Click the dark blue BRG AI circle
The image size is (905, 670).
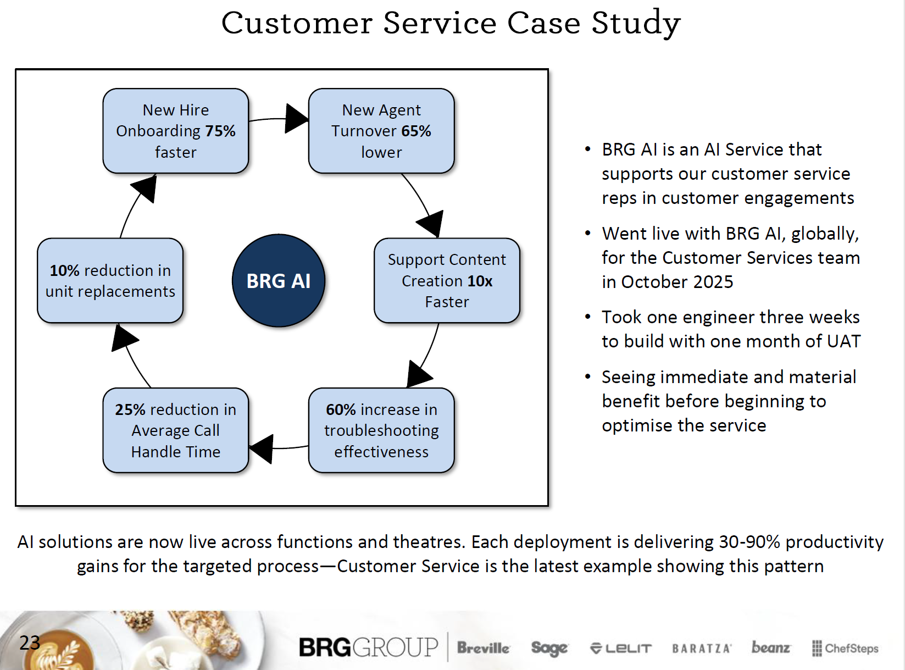[x=279, y=281]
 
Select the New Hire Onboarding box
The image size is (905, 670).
[x=176, y=131]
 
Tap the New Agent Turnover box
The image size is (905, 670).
[x=381, y=131]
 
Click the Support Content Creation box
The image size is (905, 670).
[x=447, y=280]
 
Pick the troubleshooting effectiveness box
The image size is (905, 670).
[x=381, y=430]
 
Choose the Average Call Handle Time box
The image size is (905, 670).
[x=176, y=430]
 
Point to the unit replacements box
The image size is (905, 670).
[x=110, y=280]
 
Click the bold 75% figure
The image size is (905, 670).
[x=220, y=131]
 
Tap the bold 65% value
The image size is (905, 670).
[x=416, y=131]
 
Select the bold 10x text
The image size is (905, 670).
[x=480, y=281]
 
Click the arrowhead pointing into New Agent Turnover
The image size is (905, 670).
[x=297, y=118]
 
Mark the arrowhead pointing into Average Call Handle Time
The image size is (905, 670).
[x=262, y=448]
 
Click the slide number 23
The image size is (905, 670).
[x=30, y=643]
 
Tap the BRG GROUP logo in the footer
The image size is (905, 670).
[x=368, y=647]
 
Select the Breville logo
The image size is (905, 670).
[x=483, y=648]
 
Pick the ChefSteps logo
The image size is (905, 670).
[x=845, y=649]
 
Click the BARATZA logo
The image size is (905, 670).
[x=701, y=649]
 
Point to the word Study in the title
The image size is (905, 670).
[x=636, y=23]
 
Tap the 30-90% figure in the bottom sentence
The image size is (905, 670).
[x=749, y=542]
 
